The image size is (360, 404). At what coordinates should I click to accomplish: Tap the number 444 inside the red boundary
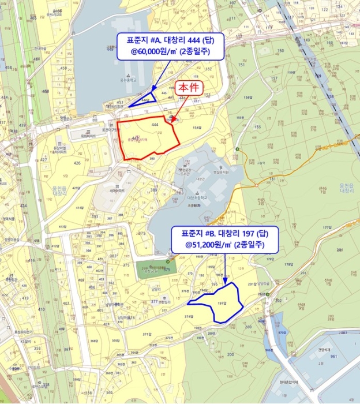pyautogui.click(x=155, y=124)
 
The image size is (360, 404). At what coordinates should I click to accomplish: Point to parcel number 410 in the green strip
pyautogui.click(x=41, y=309)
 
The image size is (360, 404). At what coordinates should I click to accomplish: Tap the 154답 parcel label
pyautogui.click(x=197, y=128)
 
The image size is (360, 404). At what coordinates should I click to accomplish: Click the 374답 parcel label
pyautogui.click(x=188, y=317)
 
